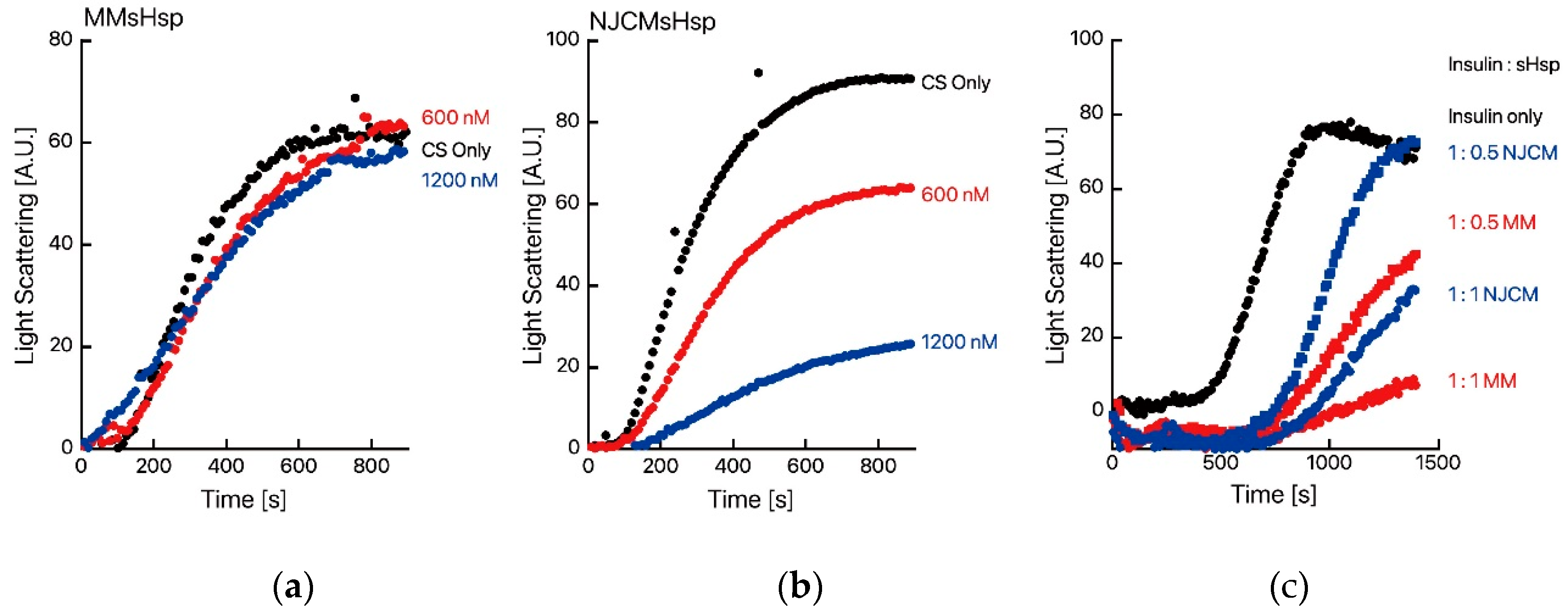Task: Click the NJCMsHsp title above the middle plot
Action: [652, 22]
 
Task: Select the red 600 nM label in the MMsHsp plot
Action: [455, 117]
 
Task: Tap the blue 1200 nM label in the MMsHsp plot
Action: [459, 180]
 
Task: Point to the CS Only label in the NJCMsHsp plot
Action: [956, 83]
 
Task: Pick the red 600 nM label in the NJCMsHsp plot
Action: [955, 195]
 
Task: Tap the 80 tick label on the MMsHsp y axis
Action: [60, 40]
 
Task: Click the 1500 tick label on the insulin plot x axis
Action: [1437, 462]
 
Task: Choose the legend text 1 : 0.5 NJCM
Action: [1502, 153]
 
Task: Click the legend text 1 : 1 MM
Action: [1482, 381]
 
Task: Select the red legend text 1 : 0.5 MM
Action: [1491, 222]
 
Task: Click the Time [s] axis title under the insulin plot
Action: [1274, 494]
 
